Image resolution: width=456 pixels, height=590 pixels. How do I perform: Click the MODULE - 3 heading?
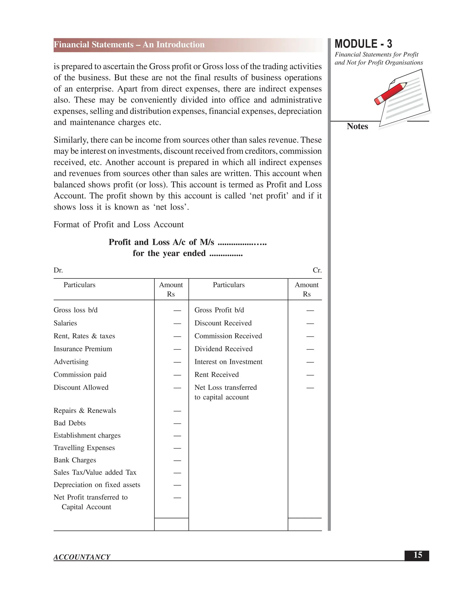[363, 44]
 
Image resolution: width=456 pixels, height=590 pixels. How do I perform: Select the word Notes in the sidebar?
[357, 126]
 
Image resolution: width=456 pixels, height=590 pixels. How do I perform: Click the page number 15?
[417, 555]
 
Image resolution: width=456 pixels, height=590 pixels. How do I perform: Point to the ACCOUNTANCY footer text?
[82, 557]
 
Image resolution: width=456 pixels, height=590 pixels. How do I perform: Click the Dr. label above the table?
[58, 271]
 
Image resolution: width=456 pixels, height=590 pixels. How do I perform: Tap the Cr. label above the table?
[317, 271]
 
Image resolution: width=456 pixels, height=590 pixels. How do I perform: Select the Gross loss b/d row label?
[75, 310]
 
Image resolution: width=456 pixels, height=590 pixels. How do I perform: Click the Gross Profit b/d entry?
[219, 310]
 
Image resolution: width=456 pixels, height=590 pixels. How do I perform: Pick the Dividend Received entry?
[223, 349]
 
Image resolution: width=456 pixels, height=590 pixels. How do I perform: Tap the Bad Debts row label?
[69, 423]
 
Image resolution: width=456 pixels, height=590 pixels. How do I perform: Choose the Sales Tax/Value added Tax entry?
[95, 472]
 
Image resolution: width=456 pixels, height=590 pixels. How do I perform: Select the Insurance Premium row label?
[83, 349]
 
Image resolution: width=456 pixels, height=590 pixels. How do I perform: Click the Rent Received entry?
[216, 375]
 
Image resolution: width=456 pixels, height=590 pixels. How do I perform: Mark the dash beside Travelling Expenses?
[177, 448]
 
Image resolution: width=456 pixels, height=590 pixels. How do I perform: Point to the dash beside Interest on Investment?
[310, 362]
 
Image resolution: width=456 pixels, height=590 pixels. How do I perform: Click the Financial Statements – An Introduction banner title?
[129, 45]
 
